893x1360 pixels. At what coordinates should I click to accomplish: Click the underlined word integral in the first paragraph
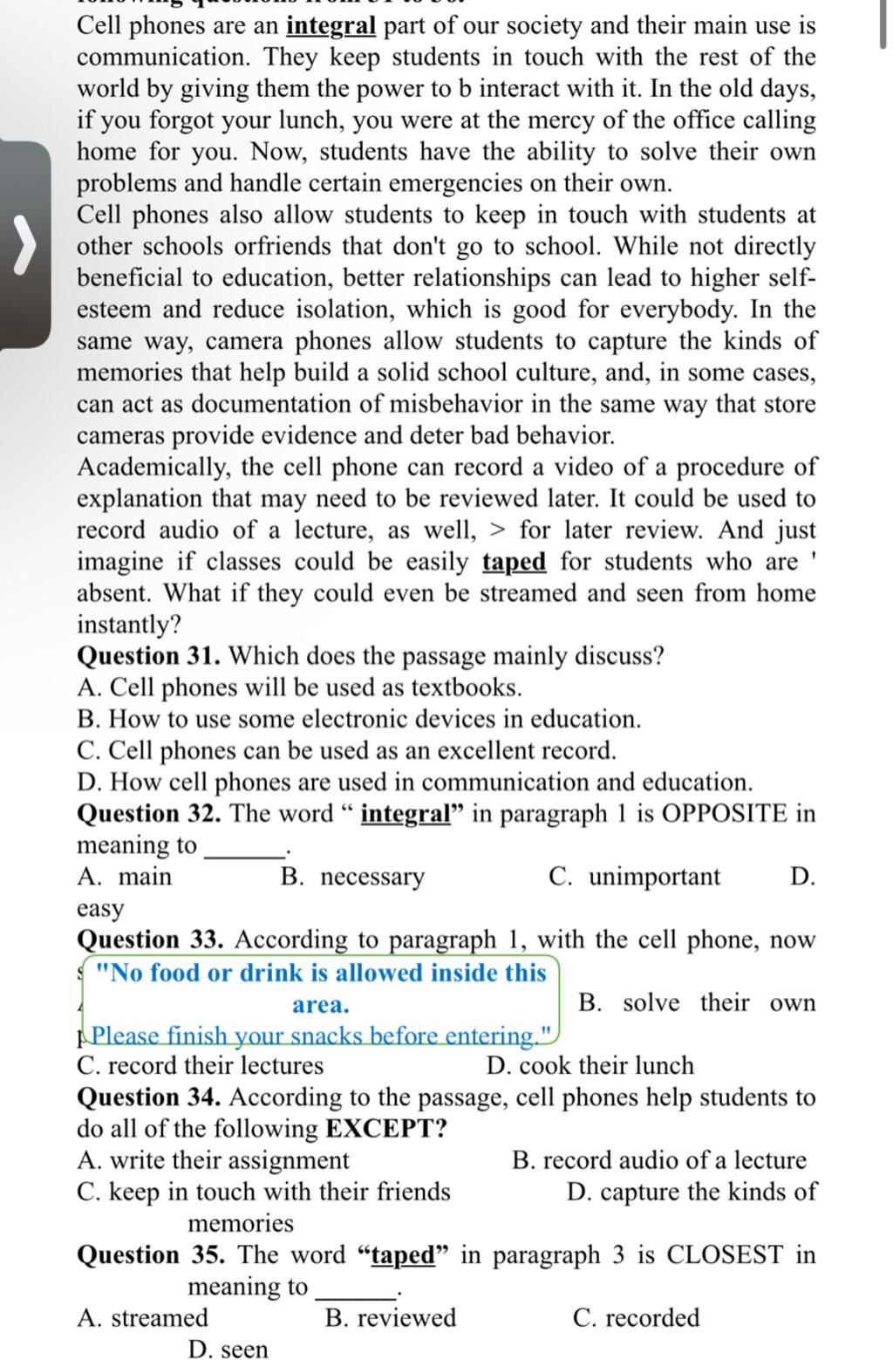click(x=331, y=26)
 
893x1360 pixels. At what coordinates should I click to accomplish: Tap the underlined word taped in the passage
click(x=514, y=562)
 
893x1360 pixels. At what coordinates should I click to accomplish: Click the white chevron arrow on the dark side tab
click(x=26, y=244)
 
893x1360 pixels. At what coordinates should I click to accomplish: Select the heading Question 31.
click(x=149, y=656)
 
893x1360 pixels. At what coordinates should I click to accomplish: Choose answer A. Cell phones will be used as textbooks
click(x=299, y=687)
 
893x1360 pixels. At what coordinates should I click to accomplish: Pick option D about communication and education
click(x=414, y=782)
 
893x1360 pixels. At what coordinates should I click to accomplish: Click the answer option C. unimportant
click(x=635, y=877)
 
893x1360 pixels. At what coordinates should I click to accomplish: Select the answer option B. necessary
click(x=352, y=877)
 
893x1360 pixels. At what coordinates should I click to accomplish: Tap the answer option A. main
click(x=125, y=877)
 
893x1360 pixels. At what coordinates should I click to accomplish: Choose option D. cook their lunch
click(x=590, y=1065)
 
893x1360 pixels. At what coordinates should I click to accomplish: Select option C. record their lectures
click(x=200, y=1065)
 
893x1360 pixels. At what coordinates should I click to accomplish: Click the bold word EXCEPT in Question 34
click(x=385, y=1129)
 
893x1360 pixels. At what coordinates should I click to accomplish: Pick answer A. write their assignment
click(x=213, y=1160)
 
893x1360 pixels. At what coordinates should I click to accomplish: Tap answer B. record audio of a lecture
click(x=659, y=1160)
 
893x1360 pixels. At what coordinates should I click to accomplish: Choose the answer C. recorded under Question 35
click(x=636, y=1317)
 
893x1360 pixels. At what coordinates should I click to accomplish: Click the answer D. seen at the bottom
click(x=228, y=1349)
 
